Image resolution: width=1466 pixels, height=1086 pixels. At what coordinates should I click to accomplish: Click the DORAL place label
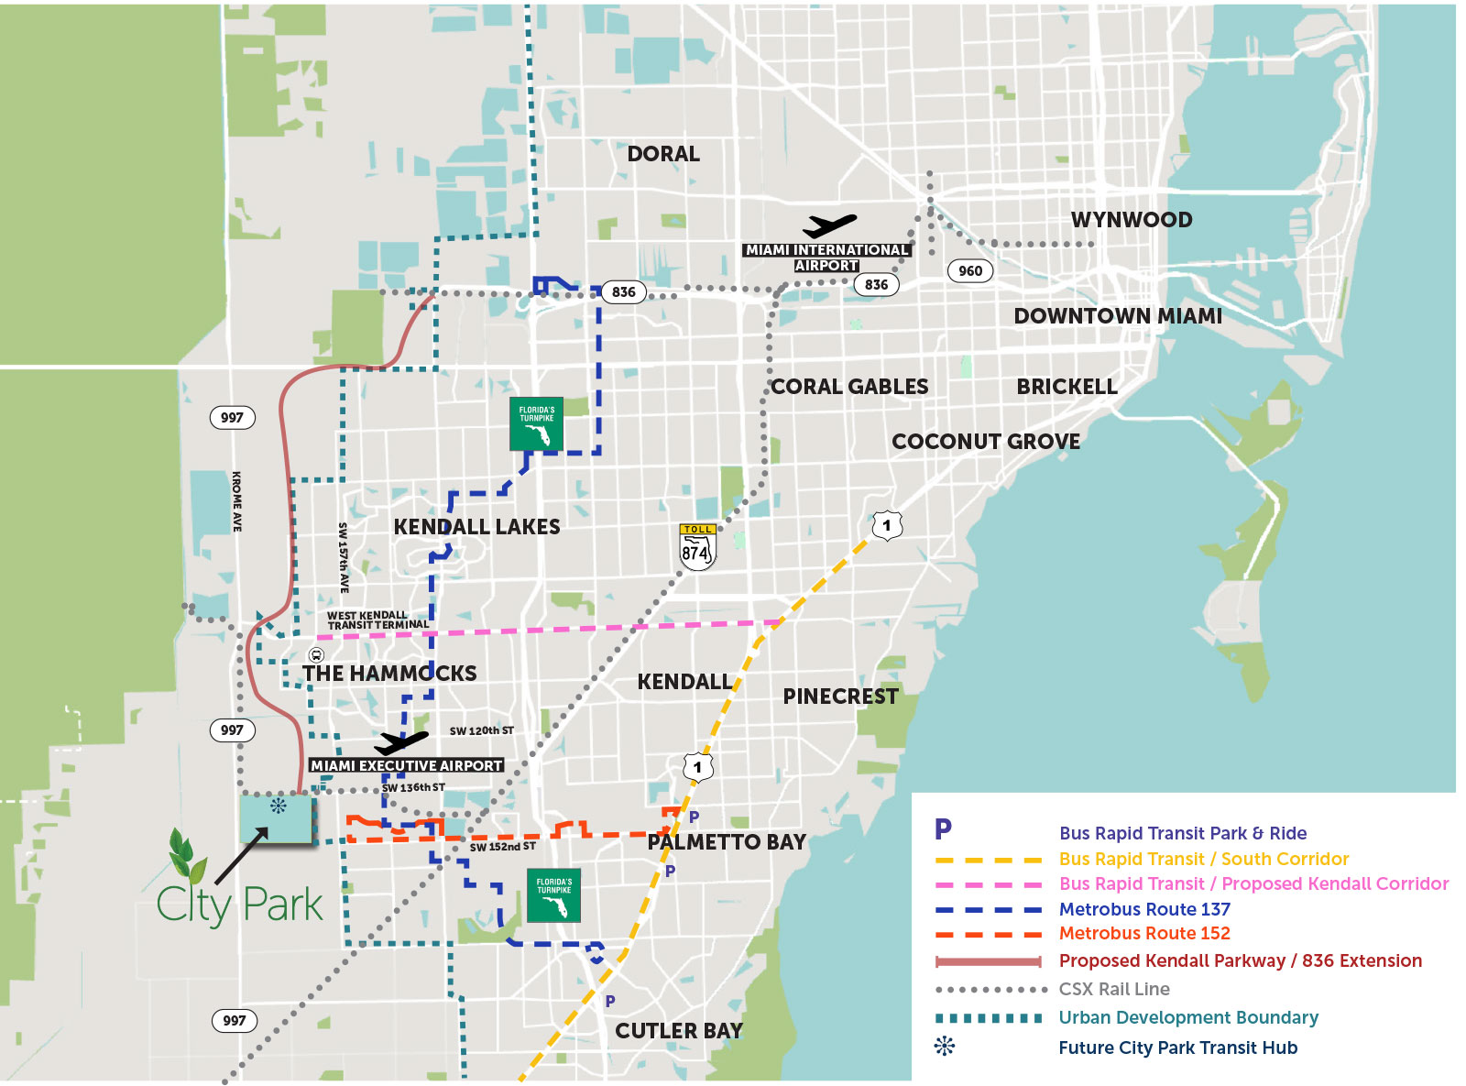click(x=662, y=154)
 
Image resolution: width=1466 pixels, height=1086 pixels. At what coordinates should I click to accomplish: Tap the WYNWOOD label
click(x=1132, y=220)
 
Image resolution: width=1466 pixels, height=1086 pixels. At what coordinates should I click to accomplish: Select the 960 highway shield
click(x=969, y=270)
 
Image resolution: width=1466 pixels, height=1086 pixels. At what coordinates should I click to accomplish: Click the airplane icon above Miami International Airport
click(x=829, y=225)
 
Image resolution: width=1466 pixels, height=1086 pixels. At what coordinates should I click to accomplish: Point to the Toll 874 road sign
click(x=697, y=547)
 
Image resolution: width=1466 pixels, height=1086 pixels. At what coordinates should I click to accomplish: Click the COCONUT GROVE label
click(x=986, y=442)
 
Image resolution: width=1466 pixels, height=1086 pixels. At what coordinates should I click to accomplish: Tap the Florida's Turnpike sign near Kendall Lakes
click(x=537, y=423)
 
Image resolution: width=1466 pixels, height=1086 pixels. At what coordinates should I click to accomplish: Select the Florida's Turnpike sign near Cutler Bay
click(x=553, y=895)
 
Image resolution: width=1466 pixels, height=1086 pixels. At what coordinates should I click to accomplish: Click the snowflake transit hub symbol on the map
click(x=278, y=806)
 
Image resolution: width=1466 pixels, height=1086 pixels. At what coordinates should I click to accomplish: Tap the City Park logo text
click(x=240, y=905)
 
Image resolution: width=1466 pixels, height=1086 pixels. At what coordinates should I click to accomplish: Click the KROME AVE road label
click(x=236, y=501)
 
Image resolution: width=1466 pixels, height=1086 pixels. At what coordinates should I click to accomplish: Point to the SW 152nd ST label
click(x=502, y=847)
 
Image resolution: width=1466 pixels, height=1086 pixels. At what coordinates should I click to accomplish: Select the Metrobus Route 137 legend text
click(x=1144, y=909)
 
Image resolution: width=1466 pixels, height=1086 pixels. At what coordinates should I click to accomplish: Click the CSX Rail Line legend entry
click(x=1114, y=989)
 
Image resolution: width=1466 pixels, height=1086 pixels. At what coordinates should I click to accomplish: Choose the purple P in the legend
click(x=943, y=829)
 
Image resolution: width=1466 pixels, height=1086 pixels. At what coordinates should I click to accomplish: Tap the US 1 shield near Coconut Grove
click(x=886, y=526)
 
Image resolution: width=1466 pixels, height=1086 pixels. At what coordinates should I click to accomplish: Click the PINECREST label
click(x=840, y=697)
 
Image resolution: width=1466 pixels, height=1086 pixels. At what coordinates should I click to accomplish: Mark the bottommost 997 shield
click(x=234, y=1020)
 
